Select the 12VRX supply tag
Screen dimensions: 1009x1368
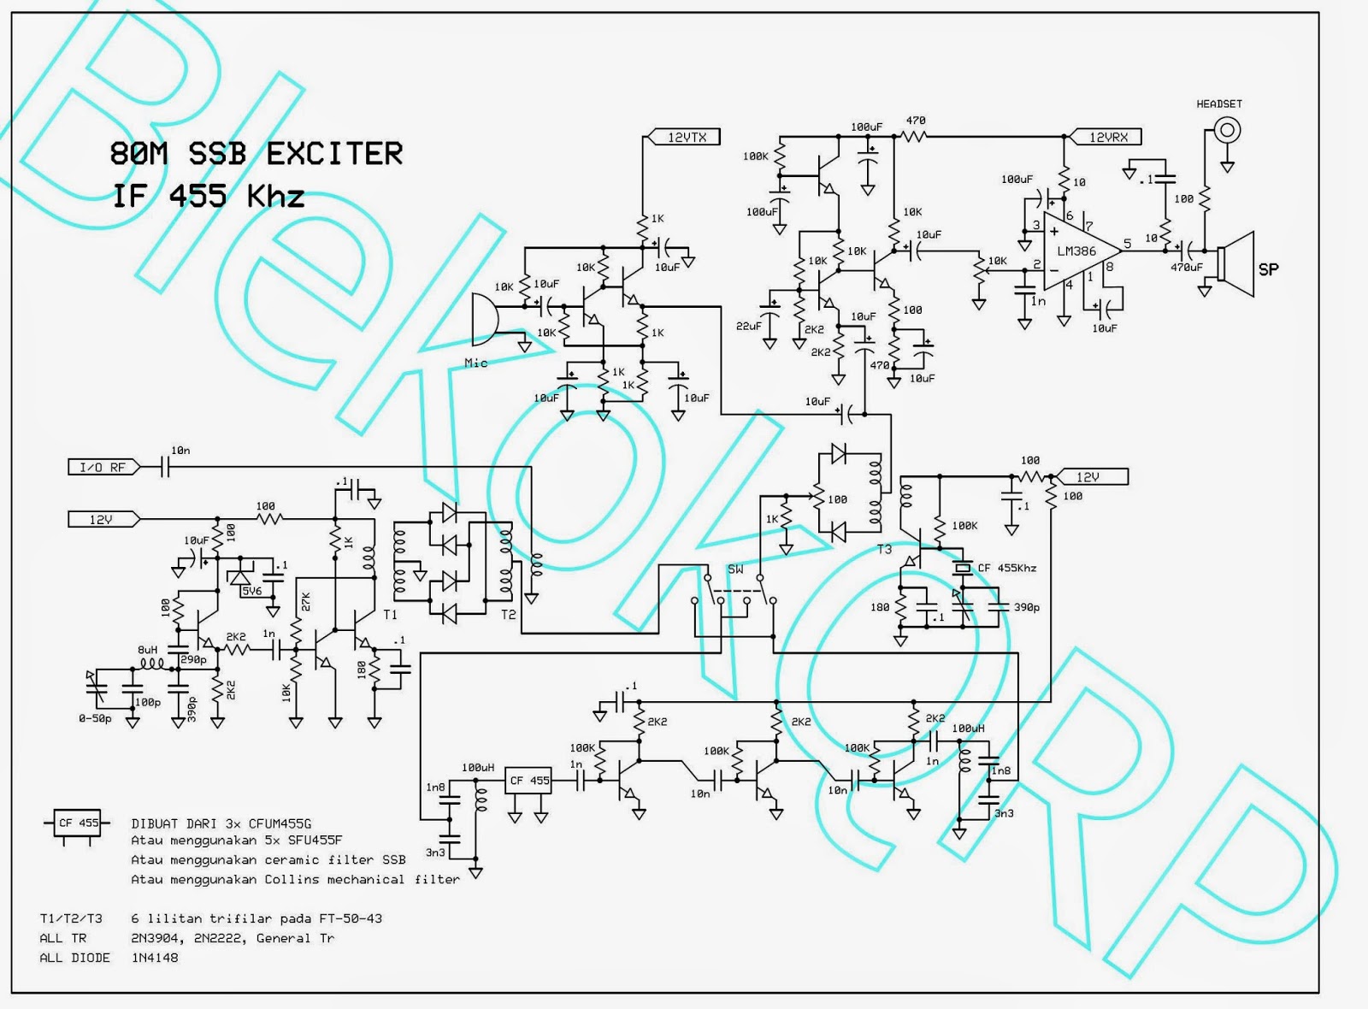(x=1108, y=137)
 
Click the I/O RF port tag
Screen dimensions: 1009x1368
(x=102, y=467)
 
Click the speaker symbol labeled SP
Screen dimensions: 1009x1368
(x=1237, y=263)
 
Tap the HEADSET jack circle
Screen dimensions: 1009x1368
(x=1227, y=130)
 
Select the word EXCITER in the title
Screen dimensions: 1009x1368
(x=334, y=154)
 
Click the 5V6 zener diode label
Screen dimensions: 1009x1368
(x=251, y=591)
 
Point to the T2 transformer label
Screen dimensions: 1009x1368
(x=508, y=614)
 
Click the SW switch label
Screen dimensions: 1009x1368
(x=735, y=569)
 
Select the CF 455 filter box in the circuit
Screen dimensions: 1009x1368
(x=529, y=781)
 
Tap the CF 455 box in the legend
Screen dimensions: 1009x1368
(x=78, y=823)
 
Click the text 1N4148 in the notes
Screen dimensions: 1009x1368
(x=155, y=958)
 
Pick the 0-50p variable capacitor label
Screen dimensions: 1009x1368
(x=95, y=718)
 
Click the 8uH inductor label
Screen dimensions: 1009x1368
(x=148, y=650)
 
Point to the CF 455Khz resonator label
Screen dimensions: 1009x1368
(x=1008, y=568)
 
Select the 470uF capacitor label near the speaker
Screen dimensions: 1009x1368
(x=1186, y=268)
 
